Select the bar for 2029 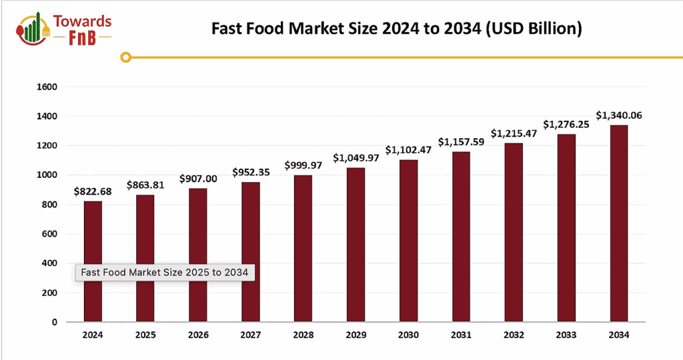point(356,244)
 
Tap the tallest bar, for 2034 point(618,223)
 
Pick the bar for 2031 point(461,237)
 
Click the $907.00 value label point(197,179)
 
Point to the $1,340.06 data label point(618,115)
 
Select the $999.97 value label point(303,165)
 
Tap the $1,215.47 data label point(513,133)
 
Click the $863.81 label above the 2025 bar point(145,185)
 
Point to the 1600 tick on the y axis point(49,87)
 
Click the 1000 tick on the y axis point(49,175)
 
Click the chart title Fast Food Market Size point(397,29)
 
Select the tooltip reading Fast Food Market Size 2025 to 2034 point(164,272)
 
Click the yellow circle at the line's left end point(125,58)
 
